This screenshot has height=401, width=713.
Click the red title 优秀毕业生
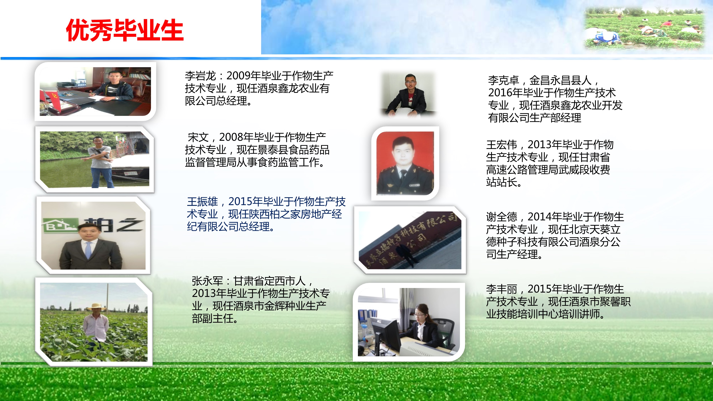point(125,30)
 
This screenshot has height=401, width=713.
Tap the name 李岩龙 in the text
point(200,76)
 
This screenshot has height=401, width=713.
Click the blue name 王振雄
point(203,202)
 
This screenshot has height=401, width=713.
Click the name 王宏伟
point(502,145)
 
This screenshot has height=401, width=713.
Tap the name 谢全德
point(502,217)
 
